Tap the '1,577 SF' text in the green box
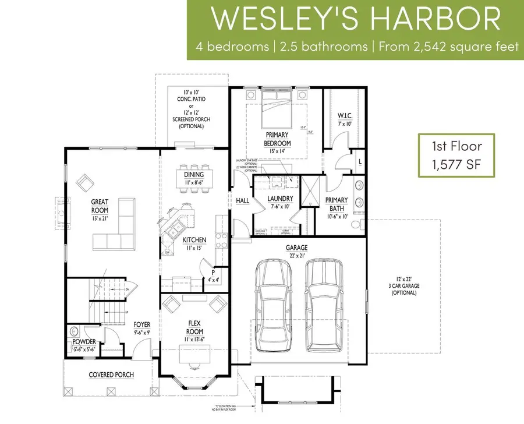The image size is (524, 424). pos(456,165)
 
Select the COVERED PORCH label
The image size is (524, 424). pos(111,374)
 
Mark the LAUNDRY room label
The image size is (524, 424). pos(280,199)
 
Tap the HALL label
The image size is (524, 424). pos(242,200)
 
